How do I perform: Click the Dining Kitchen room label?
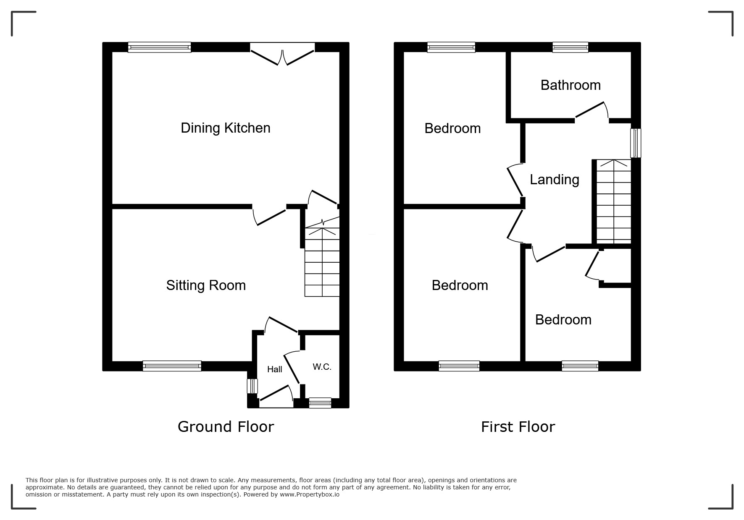pos(226,128)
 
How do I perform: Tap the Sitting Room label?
pos(206,285)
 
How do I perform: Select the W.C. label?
pos(322,367)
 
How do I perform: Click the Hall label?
pos(275,369)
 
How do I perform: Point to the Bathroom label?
pos(570,85)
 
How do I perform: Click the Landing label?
pos(555,180)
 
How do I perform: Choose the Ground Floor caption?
pos(226,427)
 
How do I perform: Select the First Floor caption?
pos(518,427)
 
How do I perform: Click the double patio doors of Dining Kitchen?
pos(282,54)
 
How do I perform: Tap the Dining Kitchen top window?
pos(160,47)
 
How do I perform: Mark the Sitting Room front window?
pos(172,366)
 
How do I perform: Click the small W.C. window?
pos(320,403)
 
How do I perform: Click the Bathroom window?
pos(570,47)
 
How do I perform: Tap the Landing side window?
pos(636,143)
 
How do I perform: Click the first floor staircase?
pos(614,201)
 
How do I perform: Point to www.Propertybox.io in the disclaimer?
pos(310,494)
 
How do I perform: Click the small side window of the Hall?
pos(252,386)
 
